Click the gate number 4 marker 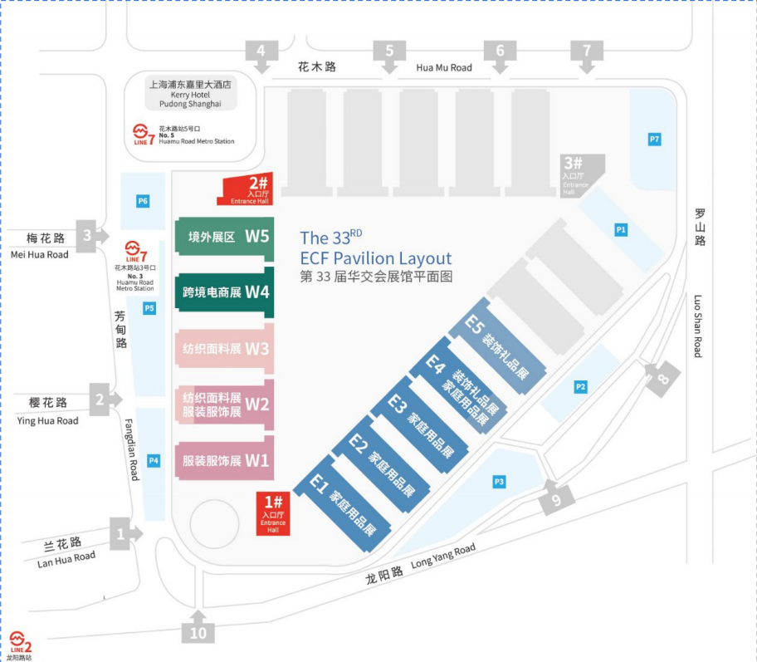(x=261, y=51)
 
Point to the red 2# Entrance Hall (x=247, y=190)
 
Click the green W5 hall (x=224, y=236)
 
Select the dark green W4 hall (x=224, y=292)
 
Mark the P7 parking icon (x=655, y=139)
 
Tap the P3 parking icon (x=500, y=481)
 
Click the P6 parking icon (x=143, y=201)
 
